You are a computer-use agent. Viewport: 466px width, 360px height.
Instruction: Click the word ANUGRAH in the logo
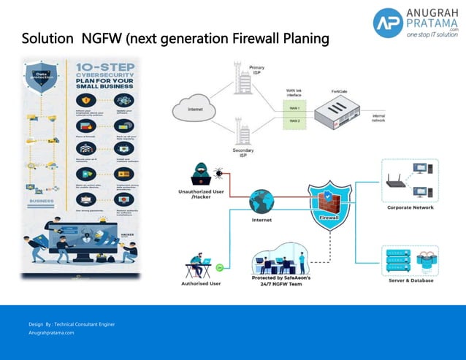coord(433,13)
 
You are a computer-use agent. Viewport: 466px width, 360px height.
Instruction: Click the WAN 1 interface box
coord(294,107)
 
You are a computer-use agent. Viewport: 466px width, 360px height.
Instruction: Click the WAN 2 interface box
coord(294,120)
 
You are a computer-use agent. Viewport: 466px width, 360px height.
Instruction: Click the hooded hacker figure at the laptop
coord(202,176)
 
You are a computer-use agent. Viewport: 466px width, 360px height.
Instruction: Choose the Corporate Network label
coord(410,207)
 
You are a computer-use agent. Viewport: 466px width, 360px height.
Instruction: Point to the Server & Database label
coord(410,281)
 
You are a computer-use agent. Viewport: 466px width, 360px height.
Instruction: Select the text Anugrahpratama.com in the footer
coord(51,332)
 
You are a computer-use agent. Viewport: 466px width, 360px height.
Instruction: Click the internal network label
coord(379,118)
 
